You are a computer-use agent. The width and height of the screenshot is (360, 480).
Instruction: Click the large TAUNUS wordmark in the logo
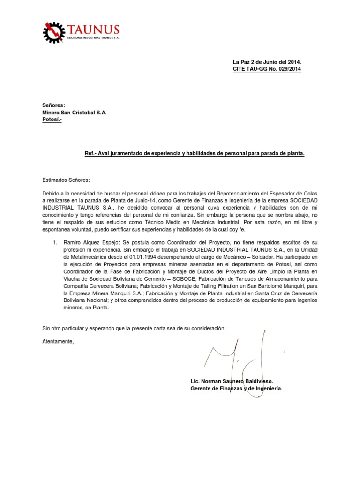[x=93, y=29]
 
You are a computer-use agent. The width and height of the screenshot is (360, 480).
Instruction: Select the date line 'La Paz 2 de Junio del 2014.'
[x=267, y=62]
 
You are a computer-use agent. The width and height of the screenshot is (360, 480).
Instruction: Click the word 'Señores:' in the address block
[x=54, y=105]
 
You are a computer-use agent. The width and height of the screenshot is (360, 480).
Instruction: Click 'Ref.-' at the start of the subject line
[x=90, y=153]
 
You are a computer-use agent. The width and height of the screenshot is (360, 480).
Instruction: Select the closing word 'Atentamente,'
[x=58, y=341]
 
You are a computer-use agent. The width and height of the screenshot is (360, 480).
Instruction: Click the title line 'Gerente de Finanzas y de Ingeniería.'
[x=236, y=389]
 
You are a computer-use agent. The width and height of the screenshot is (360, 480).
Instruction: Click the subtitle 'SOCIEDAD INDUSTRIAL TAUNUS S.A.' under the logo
[x=93, y=38]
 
